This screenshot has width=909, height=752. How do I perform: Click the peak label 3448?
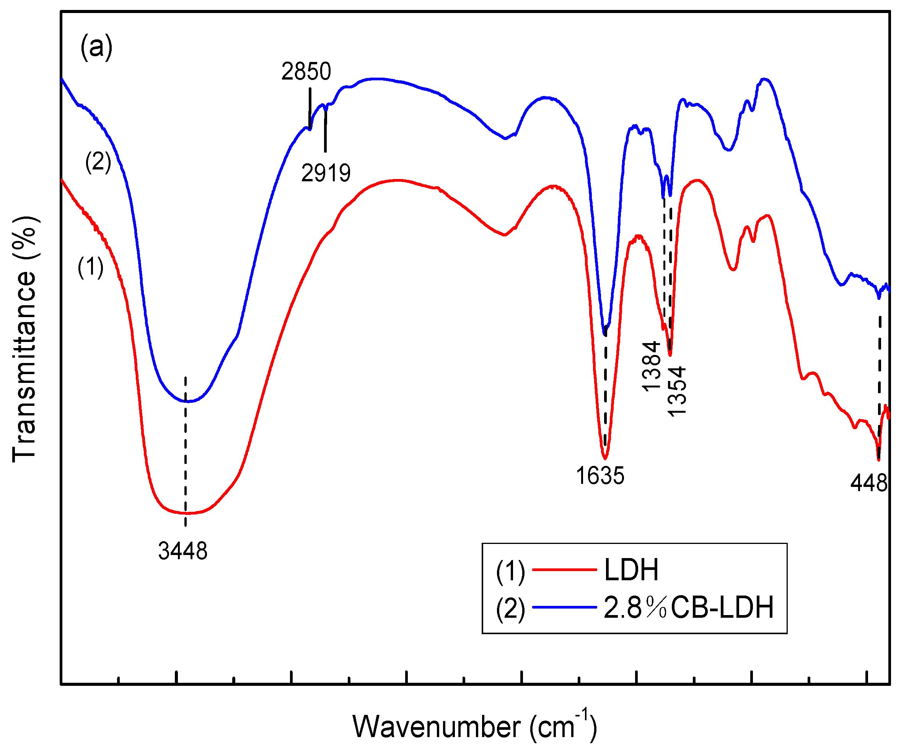coord(182,551)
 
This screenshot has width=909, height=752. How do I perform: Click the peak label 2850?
coord(306,72)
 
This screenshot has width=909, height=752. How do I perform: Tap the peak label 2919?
coord(326,173)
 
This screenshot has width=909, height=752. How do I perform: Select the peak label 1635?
coord(600,476)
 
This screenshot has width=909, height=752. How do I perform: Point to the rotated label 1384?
coord(651,366)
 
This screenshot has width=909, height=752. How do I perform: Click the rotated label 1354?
coord(676,391)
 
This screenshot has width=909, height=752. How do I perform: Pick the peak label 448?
coord(869,482)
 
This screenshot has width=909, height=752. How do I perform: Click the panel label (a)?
coord(96,47)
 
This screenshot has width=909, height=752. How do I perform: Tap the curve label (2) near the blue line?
coord(98,162)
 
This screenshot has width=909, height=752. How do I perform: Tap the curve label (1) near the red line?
coord(90,267)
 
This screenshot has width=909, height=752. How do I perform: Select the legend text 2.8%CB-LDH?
coord(688,607)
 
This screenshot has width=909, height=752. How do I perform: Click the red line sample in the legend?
coord(564,570)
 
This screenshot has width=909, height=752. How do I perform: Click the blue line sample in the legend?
coord(564,607)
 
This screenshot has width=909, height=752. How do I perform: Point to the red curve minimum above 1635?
coord(605,458)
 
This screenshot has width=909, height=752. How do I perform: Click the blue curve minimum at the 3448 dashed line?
coord(186,402)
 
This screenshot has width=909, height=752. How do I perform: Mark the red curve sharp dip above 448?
coord(878,460)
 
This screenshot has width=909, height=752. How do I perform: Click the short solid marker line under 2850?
coord(310,107)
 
